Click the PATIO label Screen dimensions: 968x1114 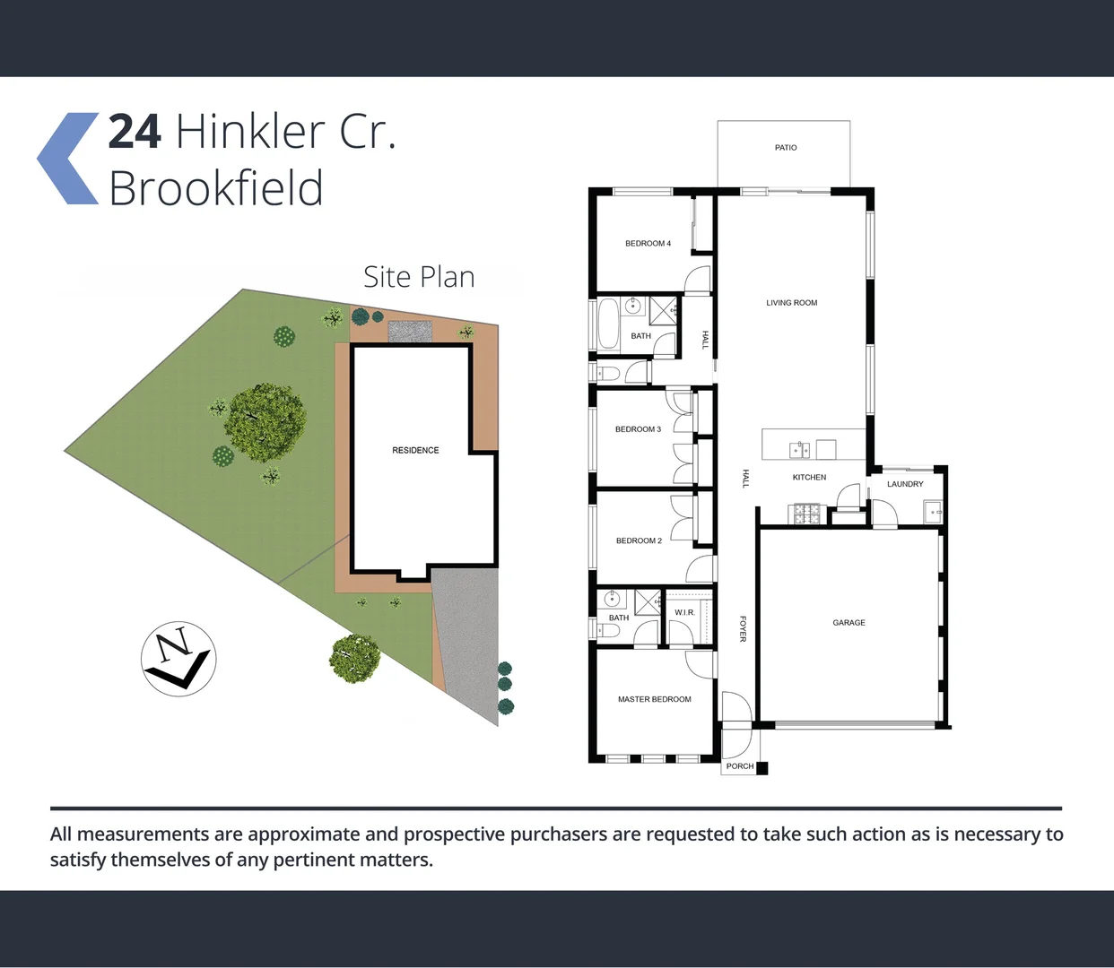click(786, 148)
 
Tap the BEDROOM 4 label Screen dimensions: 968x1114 click(648, 244)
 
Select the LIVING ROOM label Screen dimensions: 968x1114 click(791, 303)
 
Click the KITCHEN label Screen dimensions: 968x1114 click(809, 478)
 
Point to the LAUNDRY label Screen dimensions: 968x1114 click(905, 484)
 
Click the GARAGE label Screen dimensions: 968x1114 click(849, 623)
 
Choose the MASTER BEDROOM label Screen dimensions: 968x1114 click(654, 699)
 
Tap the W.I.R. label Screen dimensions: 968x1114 click(684, 613)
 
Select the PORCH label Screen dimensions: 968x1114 click(740, 766)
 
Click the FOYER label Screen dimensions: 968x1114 click(743, 628)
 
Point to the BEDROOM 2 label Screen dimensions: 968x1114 click(639, 541)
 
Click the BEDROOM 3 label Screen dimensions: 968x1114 click(638, 429)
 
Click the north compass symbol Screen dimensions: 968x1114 click(178, 659)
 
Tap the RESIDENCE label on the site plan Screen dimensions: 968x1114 click(415, 451)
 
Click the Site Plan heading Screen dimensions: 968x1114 click(419, 277)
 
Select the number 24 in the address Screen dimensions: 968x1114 click(135, 132)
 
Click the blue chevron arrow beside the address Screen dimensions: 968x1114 click(68, 159)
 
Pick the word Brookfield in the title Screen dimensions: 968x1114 click(215, 189)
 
